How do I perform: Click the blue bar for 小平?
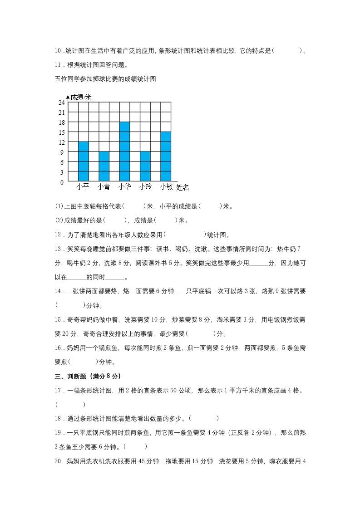[83, 162]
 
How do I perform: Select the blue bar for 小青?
[104, 166]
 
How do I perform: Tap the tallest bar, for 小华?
[124, 152]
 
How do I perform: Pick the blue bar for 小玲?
[145, 166]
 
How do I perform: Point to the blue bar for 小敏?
[165, 157]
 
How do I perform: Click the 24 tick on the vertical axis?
[61, 103]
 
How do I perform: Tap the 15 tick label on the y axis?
[61, 132]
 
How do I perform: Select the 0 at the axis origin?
[62, 182]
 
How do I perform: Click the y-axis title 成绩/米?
[81, 97]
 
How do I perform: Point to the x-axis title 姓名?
[182, 187]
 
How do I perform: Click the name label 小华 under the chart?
[124, 186]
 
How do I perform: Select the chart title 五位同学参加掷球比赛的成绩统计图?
[105, 79]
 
